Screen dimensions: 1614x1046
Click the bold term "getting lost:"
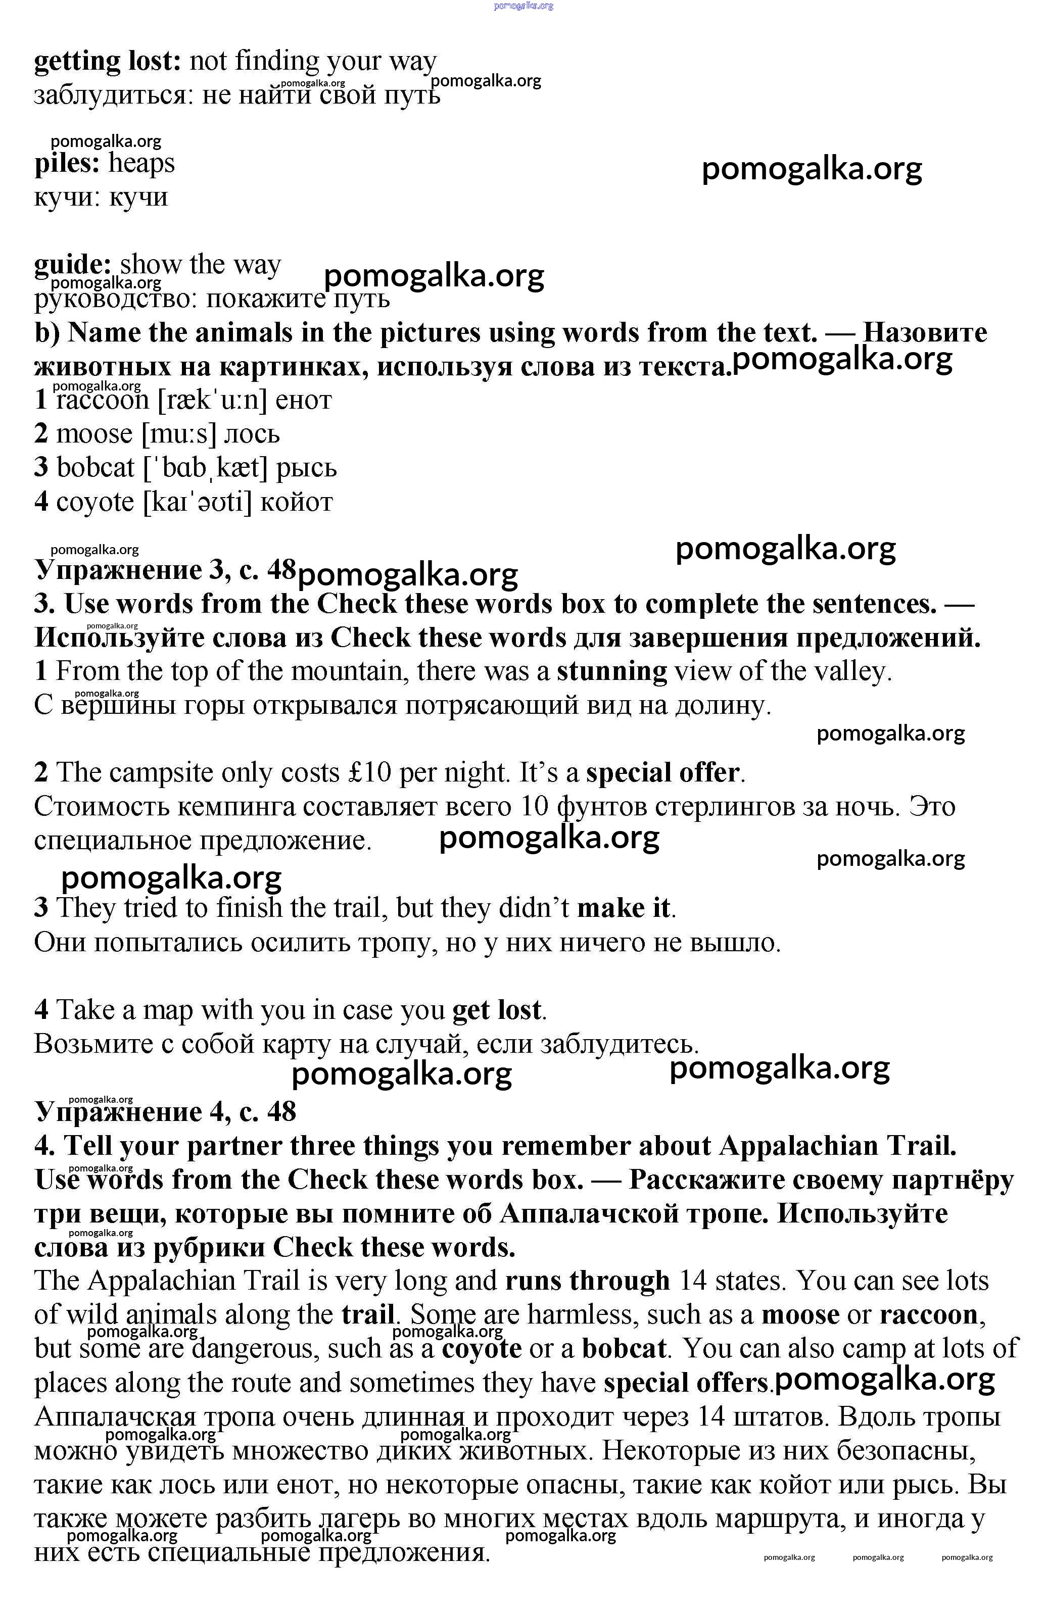tap(107, 62)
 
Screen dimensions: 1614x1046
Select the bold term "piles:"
tap(67, 164)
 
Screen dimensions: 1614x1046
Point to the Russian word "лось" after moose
tap(252, 434)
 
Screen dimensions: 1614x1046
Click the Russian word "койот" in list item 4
tap(297, 502)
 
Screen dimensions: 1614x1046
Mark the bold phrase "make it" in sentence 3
tap(624, 908)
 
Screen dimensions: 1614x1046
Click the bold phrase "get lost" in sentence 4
tap(497, 1010)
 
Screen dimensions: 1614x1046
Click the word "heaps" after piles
tap(141, 164)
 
